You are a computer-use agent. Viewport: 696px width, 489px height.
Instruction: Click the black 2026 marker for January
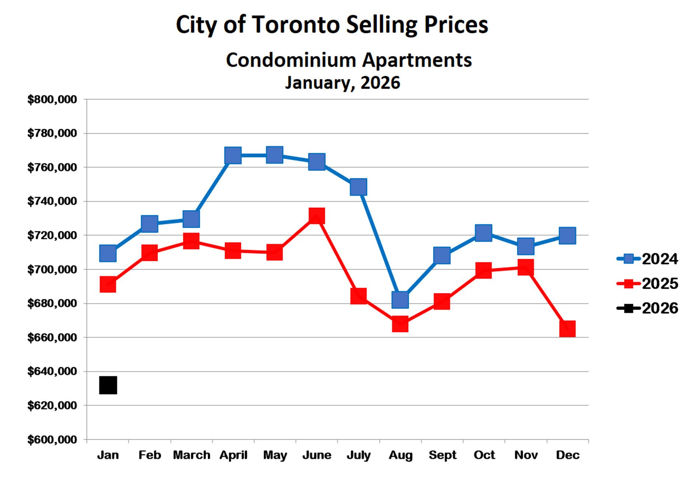tap(108, 385)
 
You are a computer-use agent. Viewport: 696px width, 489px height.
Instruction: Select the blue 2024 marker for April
tap(233, 155)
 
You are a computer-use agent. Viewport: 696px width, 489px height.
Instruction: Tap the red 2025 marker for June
tap(316, 216)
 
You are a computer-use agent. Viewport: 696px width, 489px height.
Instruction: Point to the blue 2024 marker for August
tap(400, 300)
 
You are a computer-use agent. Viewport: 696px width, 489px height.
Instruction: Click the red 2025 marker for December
tap(567, 329)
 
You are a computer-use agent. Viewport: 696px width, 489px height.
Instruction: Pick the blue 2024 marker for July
tap(359, 187)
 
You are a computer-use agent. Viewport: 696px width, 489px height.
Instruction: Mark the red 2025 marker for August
tap(400, 324)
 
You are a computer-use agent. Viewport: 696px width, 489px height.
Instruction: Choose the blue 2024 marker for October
tap(484, 233)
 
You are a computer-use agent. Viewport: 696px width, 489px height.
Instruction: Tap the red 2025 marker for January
tap(108, 285)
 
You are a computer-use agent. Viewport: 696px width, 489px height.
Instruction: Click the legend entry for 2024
tap(647, 259)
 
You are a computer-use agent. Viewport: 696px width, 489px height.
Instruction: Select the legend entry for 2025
tap(647, 283)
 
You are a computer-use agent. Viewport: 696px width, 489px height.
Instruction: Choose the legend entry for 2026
tap(647, 308)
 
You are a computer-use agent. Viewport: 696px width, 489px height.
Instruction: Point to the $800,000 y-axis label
tap(52, 99)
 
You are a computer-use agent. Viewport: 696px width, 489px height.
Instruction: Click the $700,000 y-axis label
tap(52, 269)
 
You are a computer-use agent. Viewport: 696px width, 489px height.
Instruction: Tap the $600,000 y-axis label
tap(52, 440)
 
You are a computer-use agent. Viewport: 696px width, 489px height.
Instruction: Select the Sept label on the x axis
tap(442, 455)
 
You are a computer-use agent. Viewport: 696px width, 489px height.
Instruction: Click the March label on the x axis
tap(191, 455)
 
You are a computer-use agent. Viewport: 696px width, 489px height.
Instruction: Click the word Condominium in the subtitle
tap(291, 60)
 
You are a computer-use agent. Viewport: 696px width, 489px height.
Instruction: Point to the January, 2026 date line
tap(342, 83)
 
